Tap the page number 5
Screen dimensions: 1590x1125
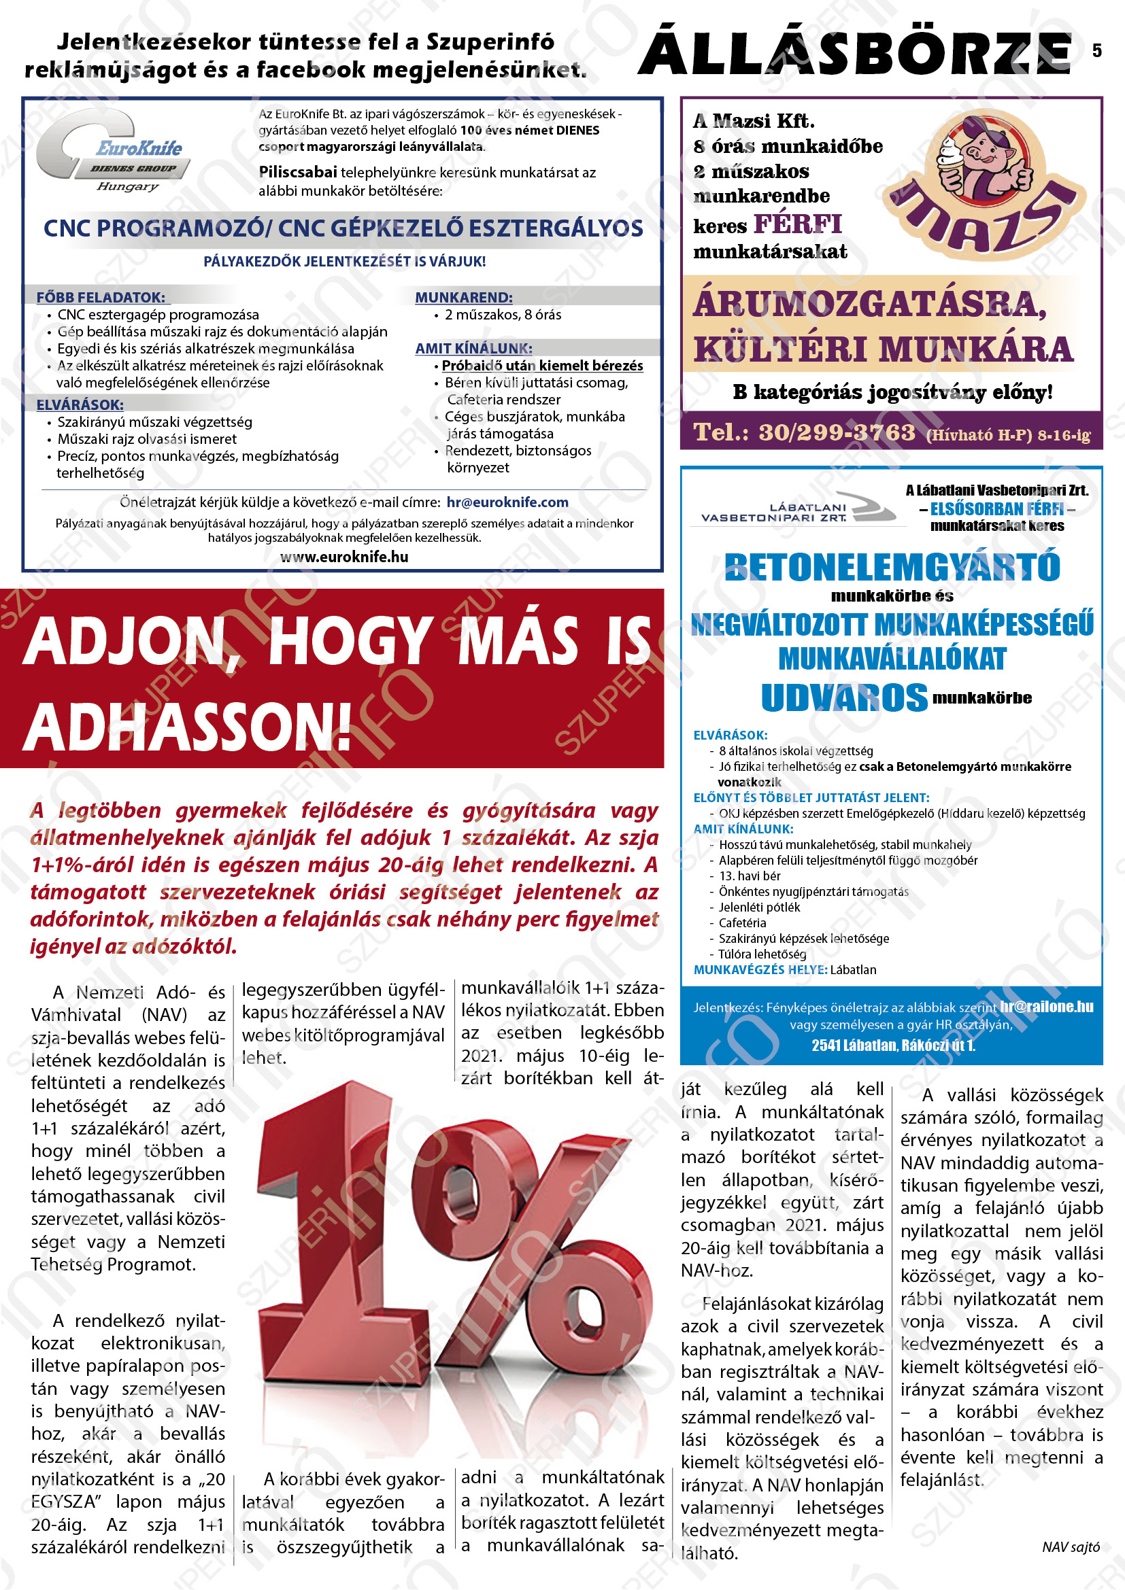(1096, 50)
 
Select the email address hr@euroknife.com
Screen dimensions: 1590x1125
(507, 502)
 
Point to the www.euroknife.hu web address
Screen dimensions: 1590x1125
(343, 557)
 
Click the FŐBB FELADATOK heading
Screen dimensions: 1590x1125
(101, 298)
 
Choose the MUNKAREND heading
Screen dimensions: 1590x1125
(463, 298)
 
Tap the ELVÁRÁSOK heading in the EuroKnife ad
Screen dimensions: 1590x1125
(80, 404)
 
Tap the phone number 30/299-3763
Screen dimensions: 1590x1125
(837, 432)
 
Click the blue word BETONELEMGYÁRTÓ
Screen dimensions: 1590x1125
(892, 567)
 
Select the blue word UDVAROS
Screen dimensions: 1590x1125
(843, 697)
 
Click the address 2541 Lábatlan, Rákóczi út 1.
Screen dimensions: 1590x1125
(893, 1045)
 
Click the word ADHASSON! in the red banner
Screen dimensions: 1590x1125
(188, 728)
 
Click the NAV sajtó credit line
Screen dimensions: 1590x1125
(1071, 1547)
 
